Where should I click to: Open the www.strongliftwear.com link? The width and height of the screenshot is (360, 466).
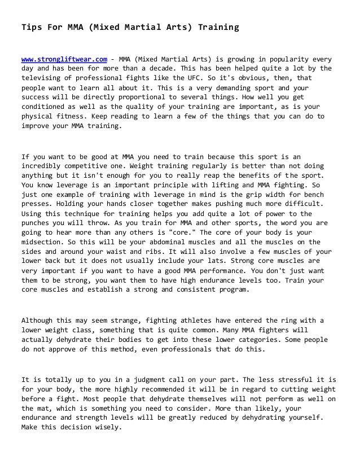64,59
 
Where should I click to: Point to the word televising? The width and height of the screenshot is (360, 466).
43,78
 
